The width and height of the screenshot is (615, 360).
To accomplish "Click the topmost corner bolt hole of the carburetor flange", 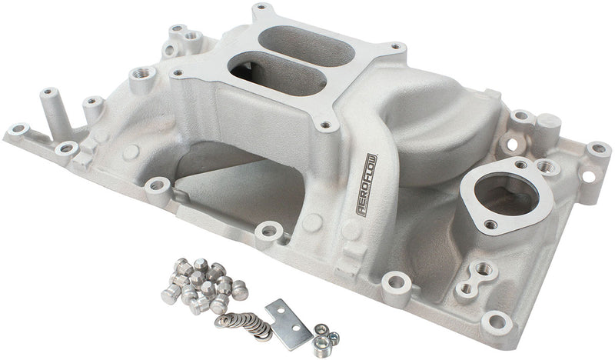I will point(266,10).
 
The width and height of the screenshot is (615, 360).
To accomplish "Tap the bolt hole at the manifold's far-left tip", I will point(16,128).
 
